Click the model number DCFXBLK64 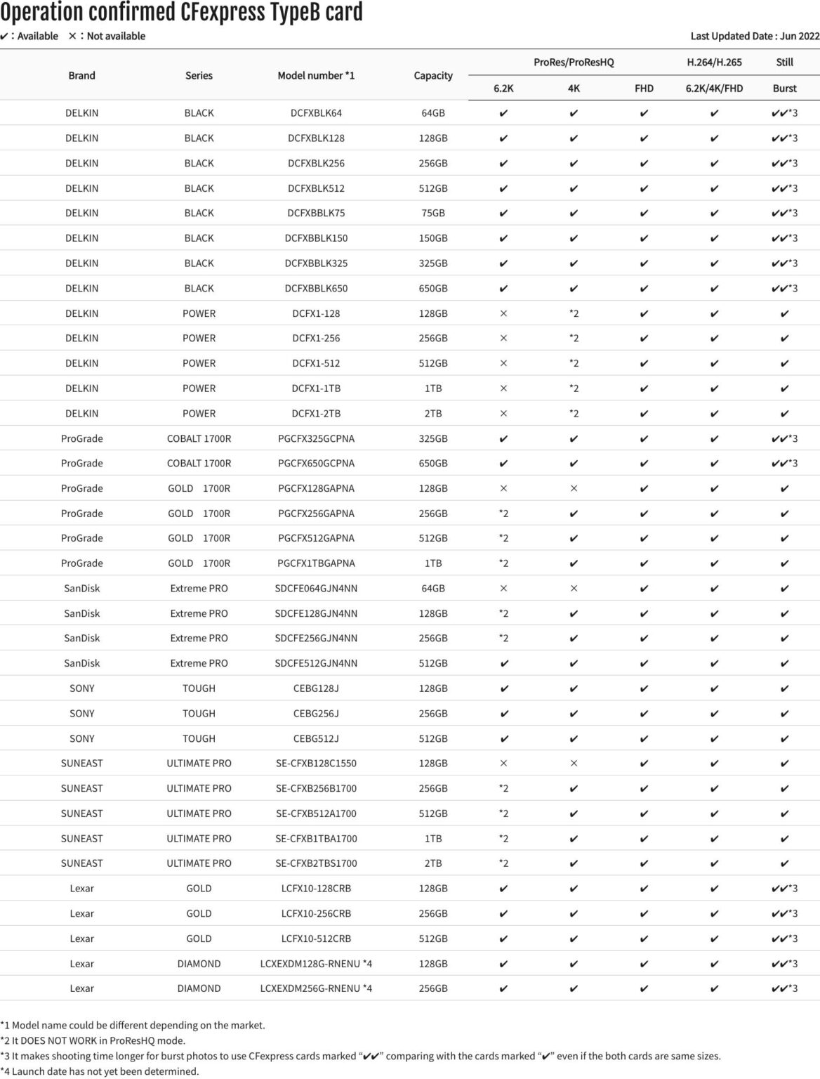click(x=316, y=113)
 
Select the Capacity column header click(x=433, y=75)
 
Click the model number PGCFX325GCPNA click(x=316, y=438)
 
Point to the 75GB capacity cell click(x=433, y=213)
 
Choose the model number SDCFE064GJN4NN click(x=316, y=588)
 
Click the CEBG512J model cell click(x=316, y=738)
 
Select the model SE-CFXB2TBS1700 click(x=316, y=863)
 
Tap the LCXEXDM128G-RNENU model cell click(x=316, y=964)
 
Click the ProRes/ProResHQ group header click(x=574, y=62)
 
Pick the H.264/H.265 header click(x=714, y=62)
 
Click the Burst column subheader click(x=784, y=89)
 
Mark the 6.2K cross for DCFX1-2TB click(x=503, y=414)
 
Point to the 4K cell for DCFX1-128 click(x=574, y=313)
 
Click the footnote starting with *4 click(x=100, y=1071)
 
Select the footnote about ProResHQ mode click(x=93, y=1040)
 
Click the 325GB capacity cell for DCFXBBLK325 click(x=433, y=263)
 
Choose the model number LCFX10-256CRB click(x=316, y=913)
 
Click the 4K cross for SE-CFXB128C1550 click(x=574, y=764)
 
